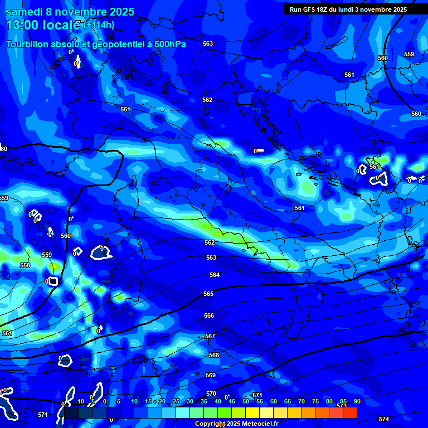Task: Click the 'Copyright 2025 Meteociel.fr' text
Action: click(x=236, y=424)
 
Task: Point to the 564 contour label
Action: click(x=215, y=275)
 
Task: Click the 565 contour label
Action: click(x=208, y=294)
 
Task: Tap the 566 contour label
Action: click(x=209, y=315)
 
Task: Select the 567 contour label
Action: click(x=210, y=336)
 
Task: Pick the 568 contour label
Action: click(x=214, y=355)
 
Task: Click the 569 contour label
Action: click(x=211, y=375)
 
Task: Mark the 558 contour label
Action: click(x=25, y=265)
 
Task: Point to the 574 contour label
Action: click(x=383, y=419)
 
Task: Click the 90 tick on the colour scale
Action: click(x=357, y=401)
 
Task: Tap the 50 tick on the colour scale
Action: click(x=246, y=401)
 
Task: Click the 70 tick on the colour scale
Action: click(x=301, y=401)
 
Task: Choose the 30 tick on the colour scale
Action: click(x=190, y=401)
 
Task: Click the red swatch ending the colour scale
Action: click(x=349, y=412)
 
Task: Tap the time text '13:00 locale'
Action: click(x=42, y=25)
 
